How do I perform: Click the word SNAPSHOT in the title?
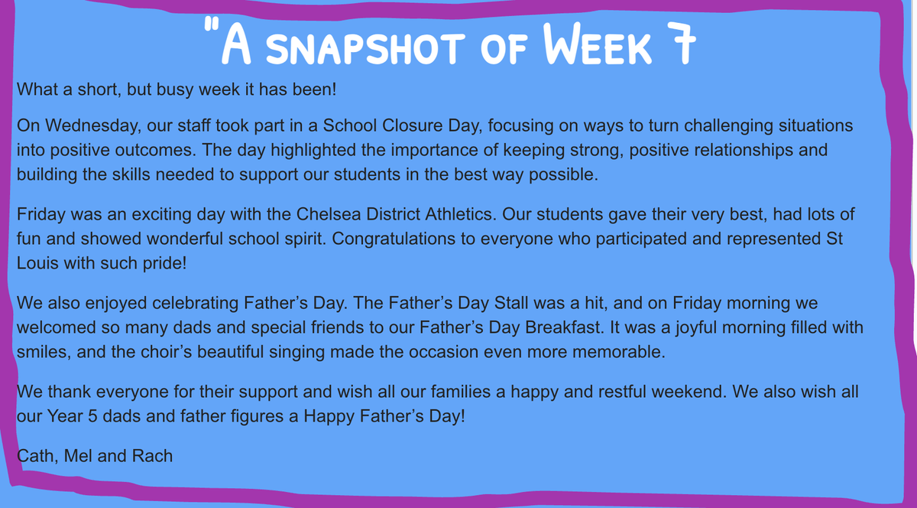point(365,49)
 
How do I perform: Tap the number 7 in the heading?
point(681,44)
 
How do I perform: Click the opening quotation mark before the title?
point(211,24)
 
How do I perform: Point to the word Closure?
point(412,125)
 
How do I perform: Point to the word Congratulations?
point(394,239)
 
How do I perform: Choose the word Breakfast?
point(565,327)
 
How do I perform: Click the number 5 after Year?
point(92,416)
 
